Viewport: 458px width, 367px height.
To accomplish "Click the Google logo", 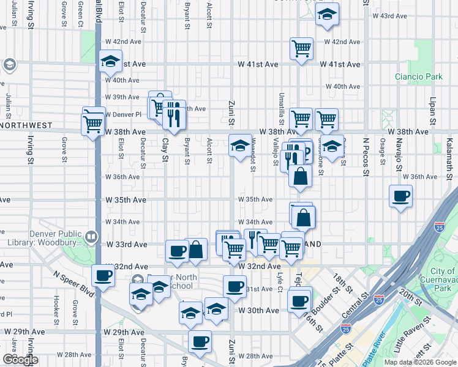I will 20,360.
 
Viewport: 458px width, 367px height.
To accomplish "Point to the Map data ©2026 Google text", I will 419,362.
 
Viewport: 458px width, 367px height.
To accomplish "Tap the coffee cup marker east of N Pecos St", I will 401,197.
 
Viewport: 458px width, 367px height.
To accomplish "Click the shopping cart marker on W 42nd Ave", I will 301,49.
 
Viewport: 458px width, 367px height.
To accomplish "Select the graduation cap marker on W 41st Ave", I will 111,61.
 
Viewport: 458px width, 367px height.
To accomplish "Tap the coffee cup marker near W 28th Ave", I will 200,343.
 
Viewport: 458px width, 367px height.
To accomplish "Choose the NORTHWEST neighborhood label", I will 26,125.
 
